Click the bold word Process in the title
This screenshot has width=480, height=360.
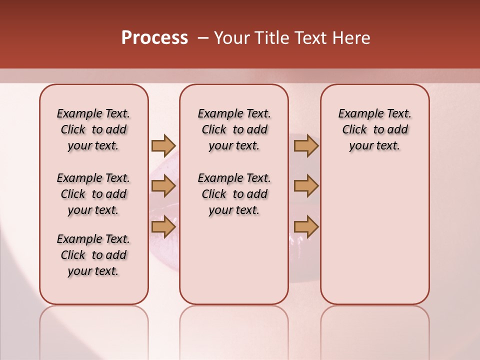[154, 38]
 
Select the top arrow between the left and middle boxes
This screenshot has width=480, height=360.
[163, 145]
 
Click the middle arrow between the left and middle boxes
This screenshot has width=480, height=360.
[163, 186]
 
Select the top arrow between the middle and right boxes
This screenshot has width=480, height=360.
[306, 145]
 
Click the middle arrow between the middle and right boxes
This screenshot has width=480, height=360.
[306, 186]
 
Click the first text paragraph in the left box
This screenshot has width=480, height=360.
[93, 129]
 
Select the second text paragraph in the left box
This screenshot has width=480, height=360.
[93, 194]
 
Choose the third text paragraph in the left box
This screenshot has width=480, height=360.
[93, 255]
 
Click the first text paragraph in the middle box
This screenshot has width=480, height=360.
[234, 129]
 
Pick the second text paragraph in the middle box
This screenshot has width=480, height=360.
[234, 194]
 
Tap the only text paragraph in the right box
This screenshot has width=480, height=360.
[374, 129]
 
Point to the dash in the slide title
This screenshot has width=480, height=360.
[203, 38]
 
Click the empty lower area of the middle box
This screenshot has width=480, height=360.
[234, 260]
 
